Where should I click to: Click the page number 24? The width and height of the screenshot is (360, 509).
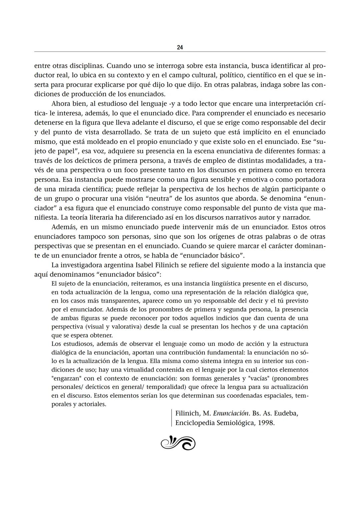click(x=180, y=47)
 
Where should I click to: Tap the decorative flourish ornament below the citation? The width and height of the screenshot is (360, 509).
click(x=178, y=443)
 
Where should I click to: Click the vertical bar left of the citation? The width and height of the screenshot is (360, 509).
click(x=171, y=418)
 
